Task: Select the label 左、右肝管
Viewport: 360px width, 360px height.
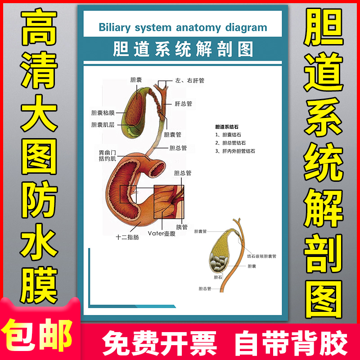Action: (x=189, y=81)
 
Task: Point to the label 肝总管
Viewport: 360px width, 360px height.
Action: (x=183, y=103)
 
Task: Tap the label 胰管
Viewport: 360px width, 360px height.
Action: (x=182, y=227)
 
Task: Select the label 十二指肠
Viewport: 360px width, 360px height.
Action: (x=127, y=237)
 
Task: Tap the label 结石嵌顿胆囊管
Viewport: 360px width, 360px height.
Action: (x=261, y=256)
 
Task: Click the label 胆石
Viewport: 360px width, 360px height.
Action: (x=218, y=277)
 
